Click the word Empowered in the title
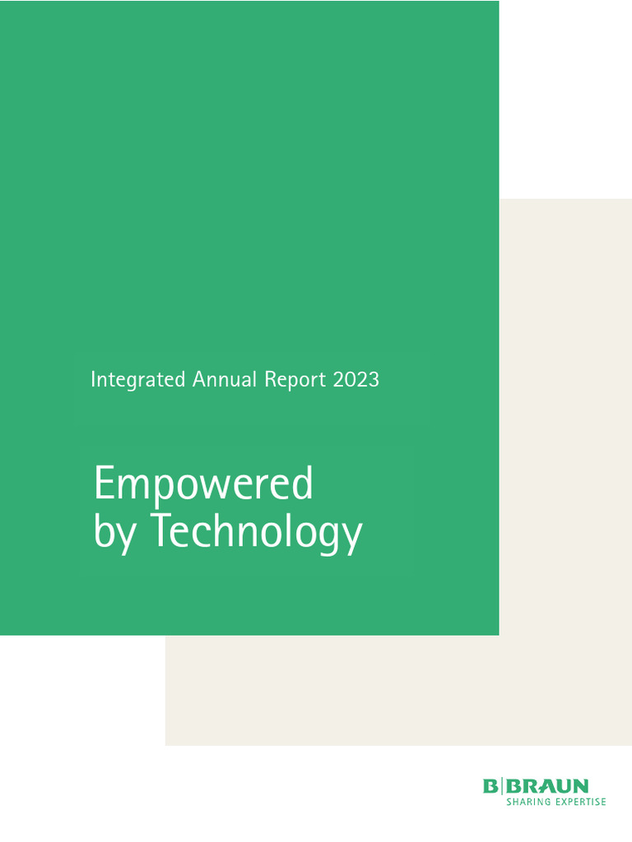(203, 485)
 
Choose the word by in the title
(112, 534)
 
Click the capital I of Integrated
(93, 379)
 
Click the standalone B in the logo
(490, 787)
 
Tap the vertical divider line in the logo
(501, 787)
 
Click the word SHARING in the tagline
(527, 802)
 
